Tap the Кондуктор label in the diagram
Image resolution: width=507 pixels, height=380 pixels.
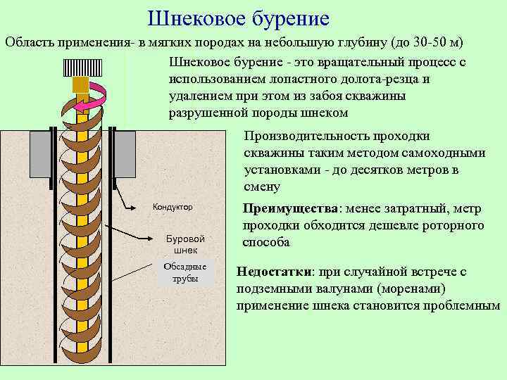173,207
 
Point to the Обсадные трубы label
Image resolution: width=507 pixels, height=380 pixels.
185,272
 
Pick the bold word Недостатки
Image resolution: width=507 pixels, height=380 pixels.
275,272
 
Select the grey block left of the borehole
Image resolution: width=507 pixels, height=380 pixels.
40,153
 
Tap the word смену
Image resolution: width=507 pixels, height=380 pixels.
262,187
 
